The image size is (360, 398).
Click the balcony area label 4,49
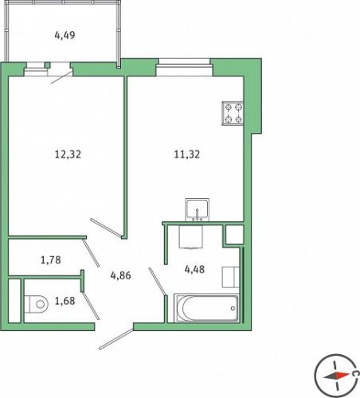[65, 35]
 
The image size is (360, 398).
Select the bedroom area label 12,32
[68, 154]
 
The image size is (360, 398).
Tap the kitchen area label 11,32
[187, 154]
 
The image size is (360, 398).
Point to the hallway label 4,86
[121, 275]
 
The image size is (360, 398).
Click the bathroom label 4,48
[194, 269]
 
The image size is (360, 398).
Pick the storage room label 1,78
[51, 259]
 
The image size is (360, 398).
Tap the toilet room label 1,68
[65, 301]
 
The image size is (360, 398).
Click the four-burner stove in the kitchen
[233, 113]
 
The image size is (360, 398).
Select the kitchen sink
[197, 209]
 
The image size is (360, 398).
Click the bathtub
[206, 308]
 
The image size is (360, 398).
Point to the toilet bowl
[37, 304]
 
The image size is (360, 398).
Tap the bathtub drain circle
[233, 308]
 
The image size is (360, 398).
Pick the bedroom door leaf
[106, 228]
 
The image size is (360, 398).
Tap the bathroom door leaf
[158, 281]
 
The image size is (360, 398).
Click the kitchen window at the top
[185, 67]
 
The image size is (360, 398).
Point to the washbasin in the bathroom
[191, 237]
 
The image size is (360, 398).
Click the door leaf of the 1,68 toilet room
[91, 306]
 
